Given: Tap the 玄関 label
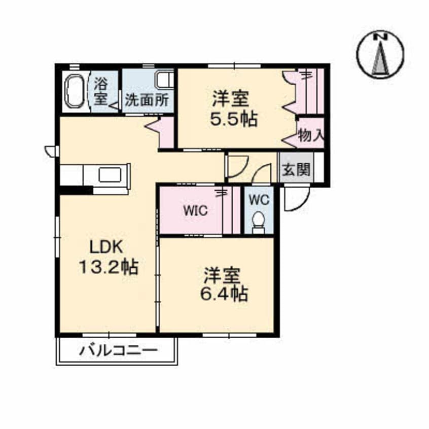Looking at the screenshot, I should [295, 169].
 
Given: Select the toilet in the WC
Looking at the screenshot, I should [258, 222].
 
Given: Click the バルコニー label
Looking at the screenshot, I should [118, 350].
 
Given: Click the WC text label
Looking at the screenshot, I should [258, 199].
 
